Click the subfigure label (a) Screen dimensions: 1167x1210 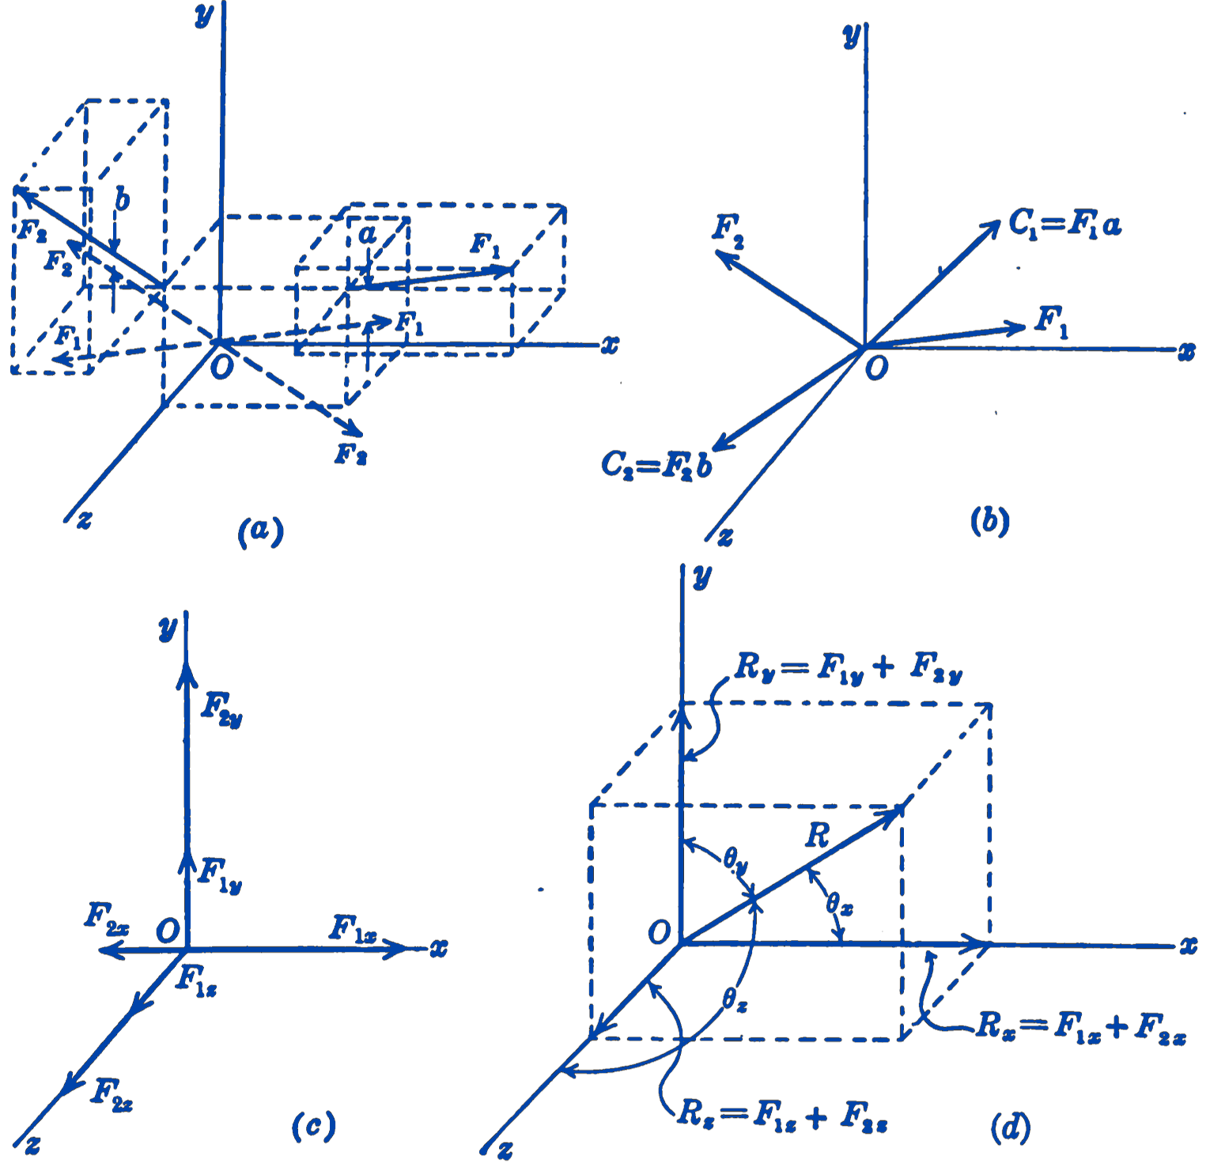(260, 531)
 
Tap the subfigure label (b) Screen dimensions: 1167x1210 (989, 522)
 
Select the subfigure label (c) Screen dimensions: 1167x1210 (313, 1126)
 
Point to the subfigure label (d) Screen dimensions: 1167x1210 (1010, 1127)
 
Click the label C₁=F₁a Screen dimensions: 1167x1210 (1064, 225)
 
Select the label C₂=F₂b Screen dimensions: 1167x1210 (656, 465)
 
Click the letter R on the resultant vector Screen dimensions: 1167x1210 (817, 835)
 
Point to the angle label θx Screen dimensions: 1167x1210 (839, 902)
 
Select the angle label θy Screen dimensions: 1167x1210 (735, 860)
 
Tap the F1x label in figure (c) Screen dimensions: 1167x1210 (353, 928)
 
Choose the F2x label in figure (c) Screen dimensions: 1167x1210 (107, 919)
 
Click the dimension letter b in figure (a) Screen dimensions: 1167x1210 (122, 199)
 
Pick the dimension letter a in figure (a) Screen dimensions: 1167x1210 (367, 234)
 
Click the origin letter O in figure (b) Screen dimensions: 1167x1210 (876, 368)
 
